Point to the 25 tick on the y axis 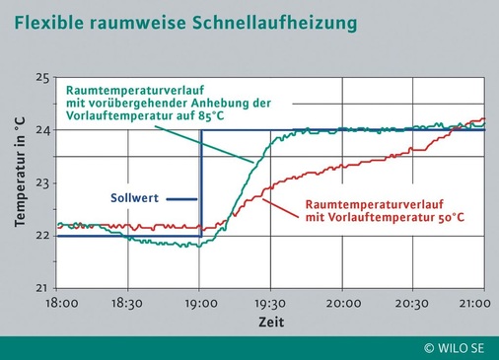point(42,77)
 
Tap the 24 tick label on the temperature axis point(42,130)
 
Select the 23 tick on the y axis point(42,182)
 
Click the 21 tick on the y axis point(42,287)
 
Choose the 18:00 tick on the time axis point(60,305)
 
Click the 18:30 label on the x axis point(130,305)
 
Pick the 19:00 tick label point(201,305)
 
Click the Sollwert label point(133,198)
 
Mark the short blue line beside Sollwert point(180,198)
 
